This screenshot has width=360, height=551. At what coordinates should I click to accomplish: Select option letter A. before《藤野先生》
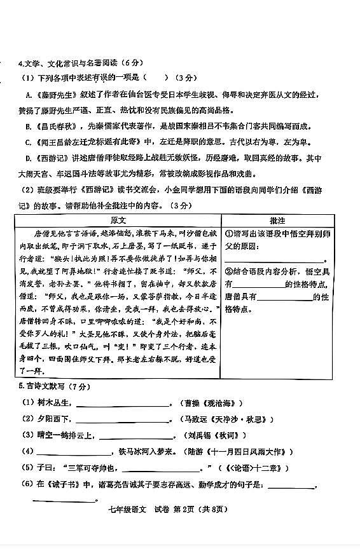[29, 94]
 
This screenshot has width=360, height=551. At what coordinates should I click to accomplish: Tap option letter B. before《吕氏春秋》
[29, 126]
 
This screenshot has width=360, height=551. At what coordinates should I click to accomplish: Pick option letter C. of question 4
[29, 142]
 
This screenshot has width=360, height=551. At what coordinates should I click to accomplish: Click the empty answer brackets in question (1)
[156, 78]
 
